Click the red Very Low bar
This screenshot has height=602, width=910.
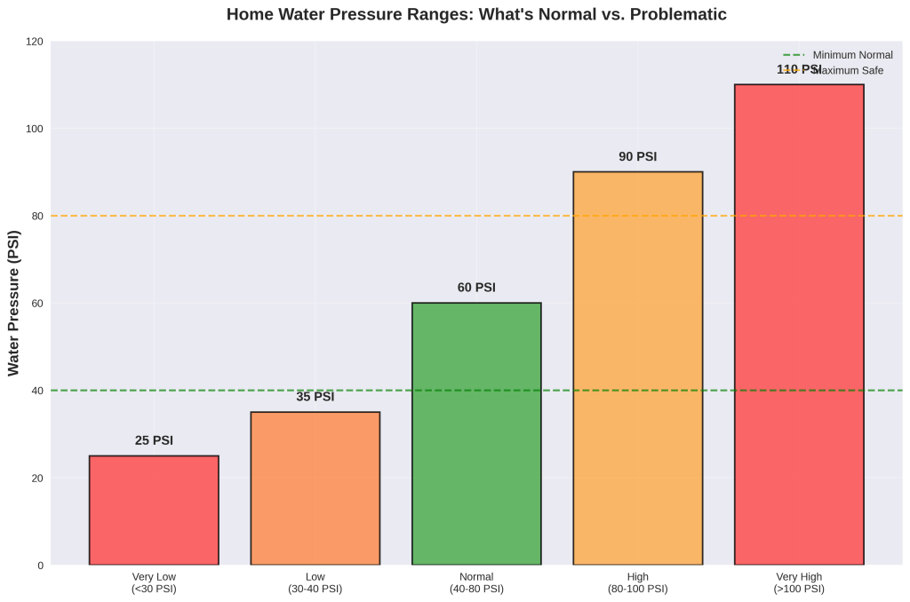click(154, 510)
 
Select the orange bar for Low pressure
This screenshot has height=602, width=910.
click(315, 488)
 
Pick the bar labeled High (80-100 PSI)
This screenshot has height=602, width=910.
click(637, 368)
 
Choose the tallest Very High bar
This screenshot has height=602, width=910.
click(799, 324)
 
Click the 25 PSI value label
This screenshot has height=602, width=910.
click(154, 440)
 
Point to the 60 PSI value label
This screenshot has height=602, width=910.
click(476, 288)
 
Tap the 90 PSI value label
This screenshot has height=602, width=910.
click(637, 157)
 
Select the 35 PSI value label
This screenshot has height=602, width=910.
click(315, 397)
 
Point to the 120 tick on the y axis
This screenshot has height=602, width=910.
click(35, 42)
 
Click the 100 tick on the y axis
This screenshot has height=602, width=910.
click(35, 129)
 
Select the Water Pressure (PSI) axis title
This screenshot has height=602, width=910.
click(13, 304)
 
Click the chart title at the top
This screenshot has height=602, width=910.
click(476, 14)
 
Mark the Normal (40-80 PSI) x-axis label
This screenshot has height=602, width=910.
click(476, 582)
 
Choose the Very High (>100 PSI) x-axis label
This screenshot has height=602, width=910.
click(799, 582)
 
